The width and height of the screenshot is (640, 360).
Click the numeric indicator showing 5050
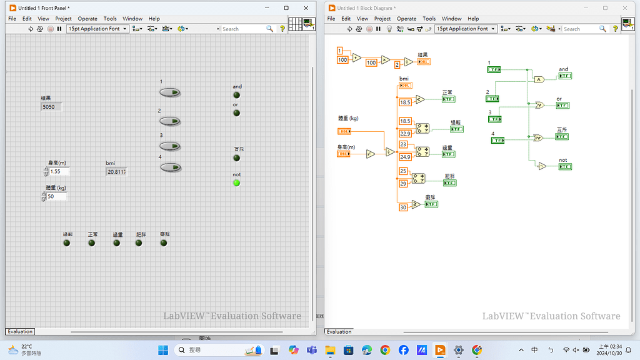[51, 107]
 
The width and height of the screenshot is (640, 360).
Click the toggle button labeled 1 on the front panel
[169, 92]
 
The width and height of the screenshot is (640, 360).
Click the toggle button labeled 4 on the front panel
[169, 167]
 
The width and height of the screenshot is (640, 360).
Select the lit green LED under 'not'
[236, 183]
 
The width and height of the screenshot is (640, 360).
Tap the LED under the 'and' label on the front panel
[236, 95]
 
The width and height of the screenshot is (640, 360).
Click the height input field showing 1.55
[59, 171]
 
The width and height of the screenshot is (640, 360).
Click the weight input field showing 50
[56, 196]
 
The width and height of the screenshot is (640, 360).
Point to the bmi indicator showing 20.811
[117, 171]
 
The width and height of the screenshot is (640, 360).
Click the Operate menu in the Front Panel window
[87, 19]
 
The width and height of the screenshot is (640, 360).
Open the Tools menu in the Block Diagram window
[429, 19]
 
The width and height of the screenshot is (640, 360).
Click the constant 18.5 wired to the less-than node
[405, 102]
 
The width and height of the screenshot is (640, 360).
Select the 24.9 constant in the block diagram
[405, 157]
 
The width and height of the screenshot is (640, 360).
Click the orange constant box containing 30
[403, 207]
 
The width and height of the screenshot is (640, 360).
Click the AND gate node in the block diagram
[539, 79]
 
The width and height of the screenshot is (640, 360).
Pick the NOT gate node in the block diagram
[542, 166]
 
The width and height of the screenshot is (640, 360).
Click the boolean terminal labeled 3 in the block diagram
[494, 119]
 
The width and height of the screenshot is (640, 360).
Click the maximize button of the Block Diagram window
[605, 8]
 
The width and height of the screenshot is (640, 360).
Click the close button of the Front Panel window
[306, 8]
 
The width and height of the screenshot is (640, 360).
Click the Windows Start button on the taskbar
[163, 350]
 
